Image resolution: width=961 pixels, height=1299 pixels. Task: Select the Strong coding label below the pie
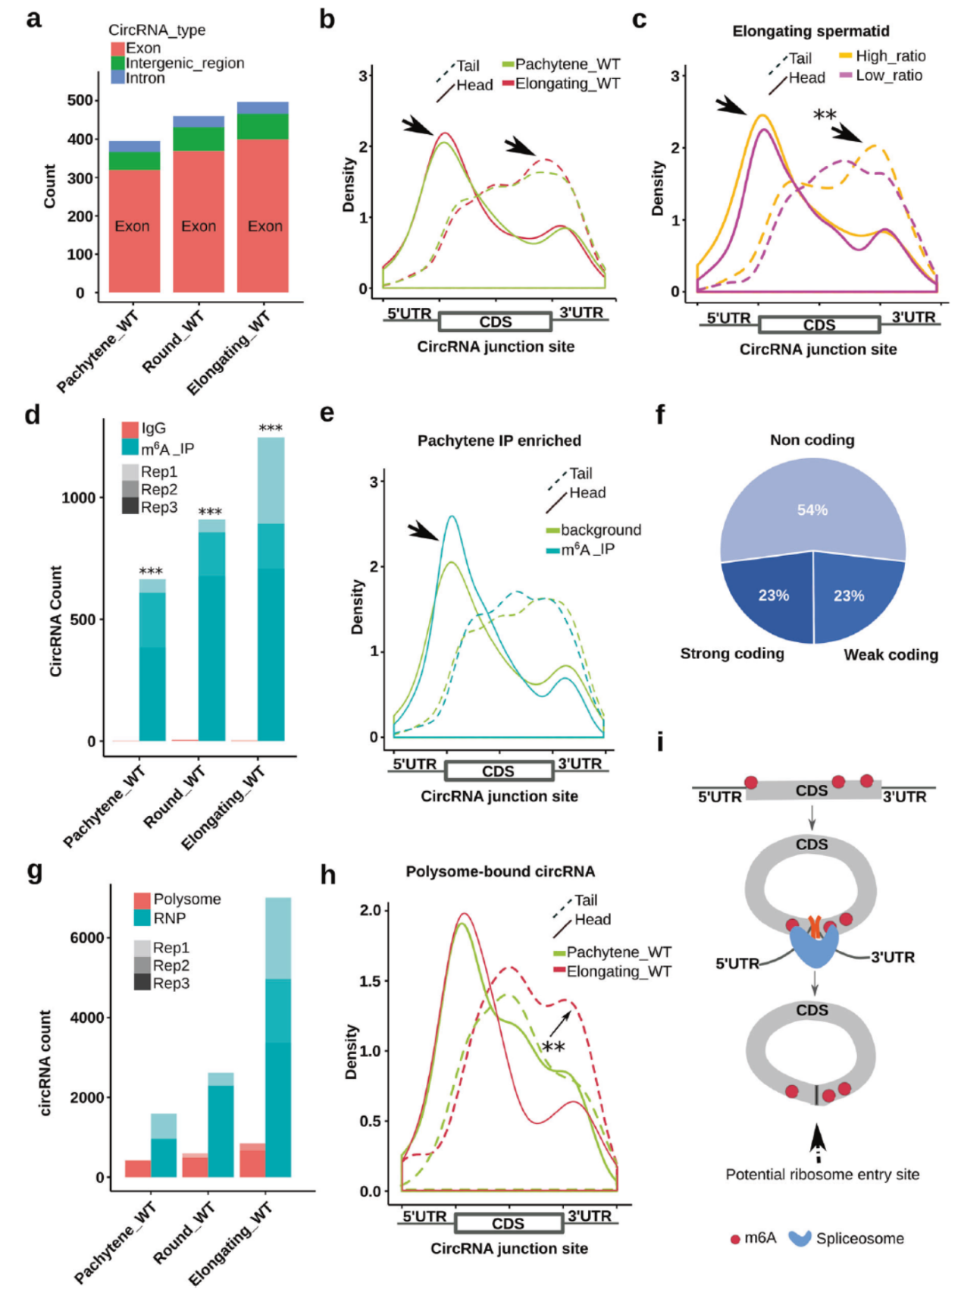coord(731,654)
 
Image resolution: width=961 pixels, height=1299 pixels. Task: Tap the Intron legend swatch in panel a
coord(117,78)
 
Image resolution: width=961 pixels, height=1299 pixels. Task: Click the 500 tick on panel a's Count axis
coord(80,100)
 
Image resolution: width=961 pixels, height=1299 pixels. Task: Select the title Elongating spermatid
coord(810,31)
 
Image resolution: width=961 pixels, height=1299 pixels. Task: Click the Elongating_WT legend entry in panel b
coord(567,83)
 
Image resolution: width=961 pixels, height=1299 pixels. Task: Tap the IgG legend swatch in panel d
coord(130,428)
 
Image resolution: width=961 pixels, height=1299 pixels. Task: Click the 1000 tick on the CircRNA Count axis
coord(78,497)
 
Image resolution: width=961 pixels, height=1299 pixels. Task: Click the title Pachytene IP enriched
coord(499,441)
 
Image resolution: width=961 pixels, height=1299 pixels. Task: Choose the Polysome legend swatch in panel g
coord(142,899)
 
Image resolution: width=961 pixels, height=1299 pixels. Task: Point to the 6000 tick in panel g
coord(86,938)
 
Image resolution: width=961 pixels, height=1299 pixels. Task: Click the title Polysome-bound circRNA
coord(499,872)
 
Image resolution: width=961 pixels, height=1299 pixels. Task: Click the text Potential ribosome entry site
coord(822,1175)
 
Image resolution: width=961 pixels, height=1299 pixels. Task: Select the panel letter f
coord(660,415)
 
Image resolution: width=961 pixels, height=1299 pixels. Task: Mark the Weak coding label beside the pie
coord(891,655)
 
